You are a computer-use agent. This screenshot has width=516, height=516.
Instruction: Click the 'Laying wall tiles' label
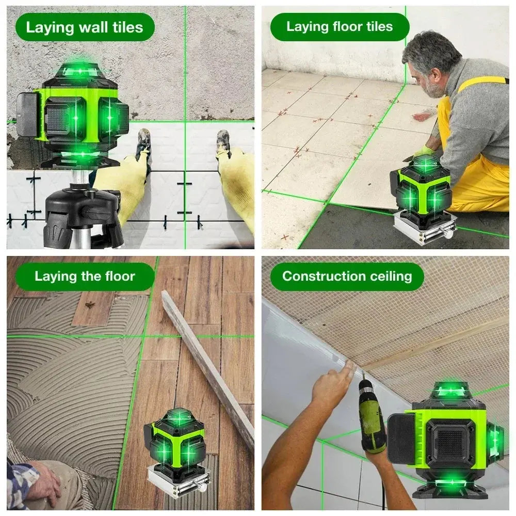pyautogui.click(x=84, y=27)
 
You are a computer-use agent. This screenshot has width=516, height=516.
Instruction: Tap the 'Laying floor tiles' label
pyautogui.click(x=340, y=27)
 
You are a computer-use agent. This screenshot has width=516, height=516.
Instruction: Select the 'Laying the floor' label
pyautogui.click(x=85, y=276)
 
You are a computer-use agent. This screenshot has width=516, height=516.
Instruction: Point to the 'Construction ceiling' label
pyautogui.click(x=347, y=276)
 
